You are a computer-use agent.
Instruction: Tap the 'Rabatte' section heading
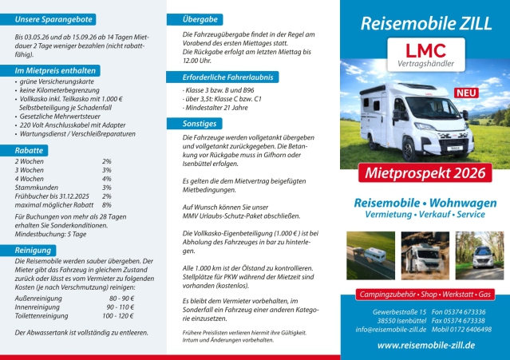pyautogui.click(x=30, y=150)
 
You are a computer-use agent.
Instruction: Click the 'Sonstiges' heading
pyautogui.click(x=199, y=124)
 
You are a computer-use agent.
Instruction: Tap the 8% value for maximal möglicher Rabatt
pyautogui.click(x=107, y=205)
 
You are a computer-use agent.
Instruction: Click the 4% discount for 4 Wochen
pyautogui.click(x=107, y=179)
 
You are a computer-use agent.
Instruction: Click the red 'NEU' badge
pyautogui.click(x=463, y=93)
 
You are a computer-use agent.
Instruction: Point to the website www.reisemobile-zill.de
pyautogui.click(x=425, y=344)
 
